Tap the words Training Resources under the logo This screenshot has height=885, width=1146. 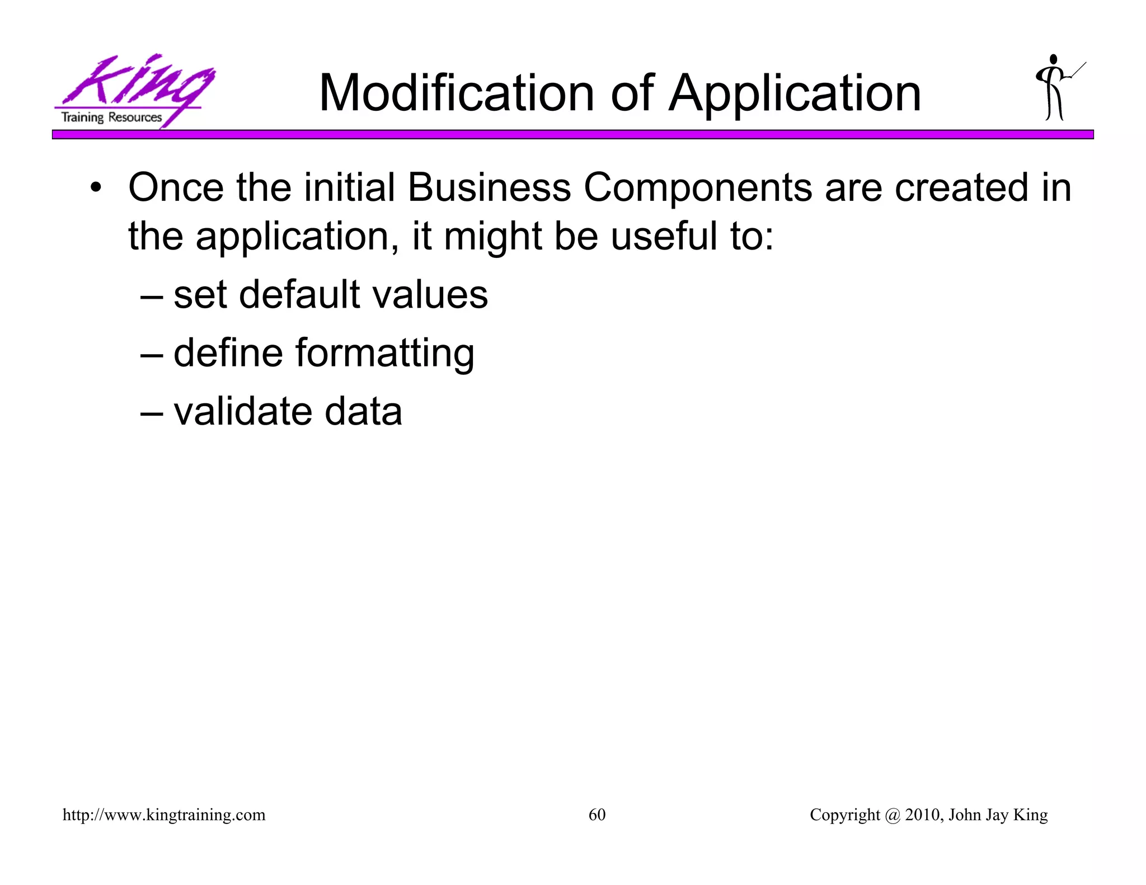(x=111, y=117)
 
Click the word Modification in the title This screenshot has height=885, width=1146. (x=456, y=93)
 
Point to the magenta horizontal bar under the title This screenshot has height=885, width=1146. (x=572, y=135)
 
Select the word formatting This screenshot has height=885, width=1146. (x=385, y=354)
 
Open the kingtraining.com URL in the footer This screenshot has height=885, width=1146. (x=164, y=815)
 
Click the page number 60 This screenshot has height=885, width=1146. (x=597, y=815)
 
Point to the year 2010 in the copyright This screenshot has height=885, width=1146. (x=924, y=815)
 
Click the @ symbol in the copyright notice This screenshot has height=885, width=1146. (x=893, y=815)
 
